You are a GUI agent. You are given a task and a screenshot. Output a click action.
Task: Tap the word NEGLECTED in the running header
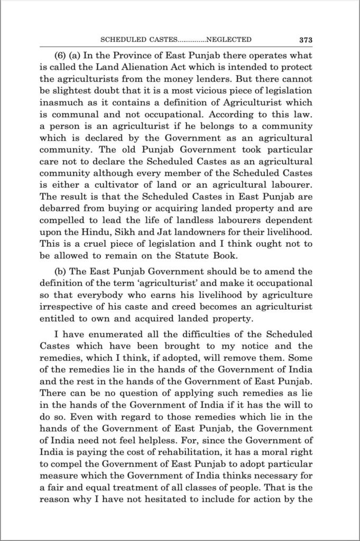pyautogui.click(x=228, y=39)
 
